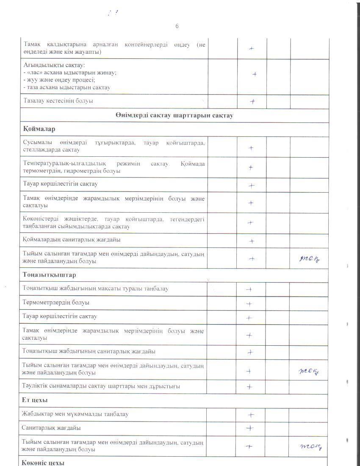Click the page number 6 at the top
tap(177, 26)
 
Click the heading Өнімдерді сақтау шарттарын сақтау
tap(174, 116)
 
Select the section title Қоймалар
tap(39, 129)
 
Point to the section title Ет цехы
tap(35, 400)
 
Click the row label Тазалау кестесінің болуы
tap(58, 101)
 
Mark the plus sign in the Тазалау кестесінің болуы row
tap(252, 102)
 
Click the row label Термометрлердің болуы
tap(56, 303)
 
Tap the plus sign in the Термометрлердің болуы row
tap(249, 304)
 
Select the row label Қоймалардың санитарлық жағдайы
tap(72, 240)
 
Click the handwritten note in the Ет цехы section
tap(311, 446)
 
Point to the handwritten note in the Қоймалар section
tap(310, 259)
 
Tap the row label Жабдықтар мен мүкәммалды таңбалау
tap(76, 414)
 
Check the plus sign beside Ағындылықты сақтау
tap(255, 74)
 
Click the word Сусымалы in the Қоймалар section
tap(37, 143)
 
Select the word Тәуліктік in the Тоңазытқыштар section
tap(36, 386)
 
